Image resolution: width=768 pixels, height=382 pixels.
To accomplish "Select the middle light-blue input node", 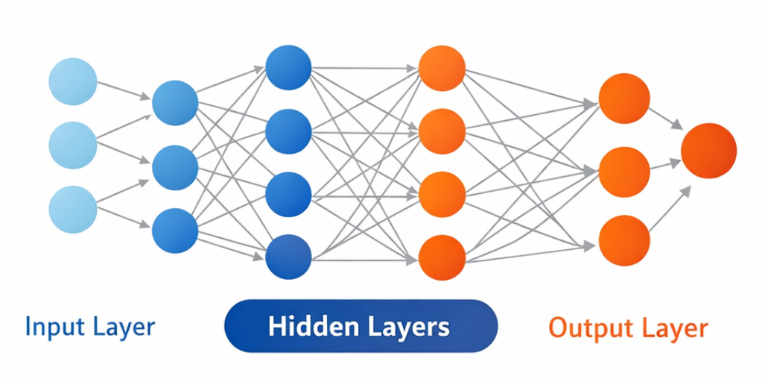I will pos(73,145).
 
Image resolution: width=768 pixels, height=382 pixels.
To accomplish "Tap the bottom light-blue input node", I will pos(73,209).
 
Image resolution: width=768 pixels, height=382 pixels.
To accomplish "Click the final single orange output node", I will pos(708,151).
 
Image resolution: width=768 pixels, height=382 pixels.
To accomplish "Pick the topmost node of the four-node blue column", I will pos(288,68).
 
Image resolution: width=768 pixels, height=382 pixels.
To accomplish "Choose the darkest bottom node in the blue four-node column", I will pos(288,257).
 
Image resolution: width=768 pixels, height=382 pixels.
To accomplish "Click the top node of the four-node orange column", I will pos(442,68).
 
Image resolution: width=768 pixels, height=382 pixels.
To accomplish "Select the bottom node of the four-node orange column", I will pos(442,257).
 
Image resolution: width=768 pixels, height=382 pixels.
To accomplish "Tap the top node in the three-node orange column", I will pos(624,98).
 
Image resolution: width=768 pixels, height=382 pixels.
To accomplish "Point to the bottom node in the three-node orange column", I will pos(624,241).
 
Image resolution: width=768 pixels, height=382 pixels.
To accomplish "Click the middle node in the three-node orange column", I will pos(624,172).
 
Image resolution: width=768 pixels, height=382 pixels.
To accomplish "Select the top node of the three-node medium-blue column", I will pos(175,103).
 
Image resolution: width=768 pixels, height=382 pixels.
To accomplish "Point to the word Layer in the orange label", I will pos(677,328).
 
